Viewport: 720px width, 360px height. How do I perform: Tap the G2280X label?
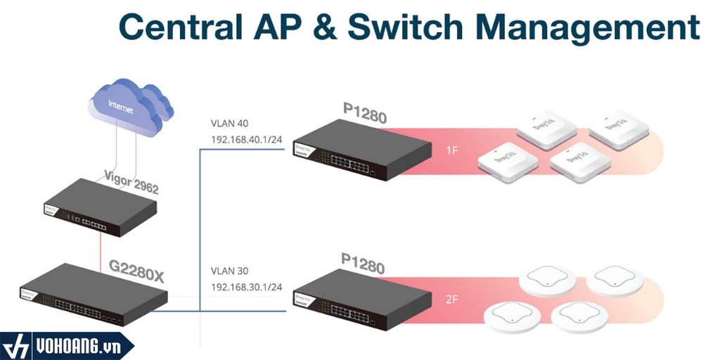click(136, 269)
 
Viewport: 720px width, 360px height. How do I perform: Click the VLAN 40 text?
click(229, 123)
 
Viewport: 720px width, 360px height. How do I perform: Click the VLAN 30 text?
click(229, 271)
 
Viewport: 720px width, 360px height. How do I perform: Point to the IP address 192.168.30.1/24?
click(247, 288)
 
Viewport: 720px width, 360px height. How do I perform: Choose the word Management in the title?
click(592, 28)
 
